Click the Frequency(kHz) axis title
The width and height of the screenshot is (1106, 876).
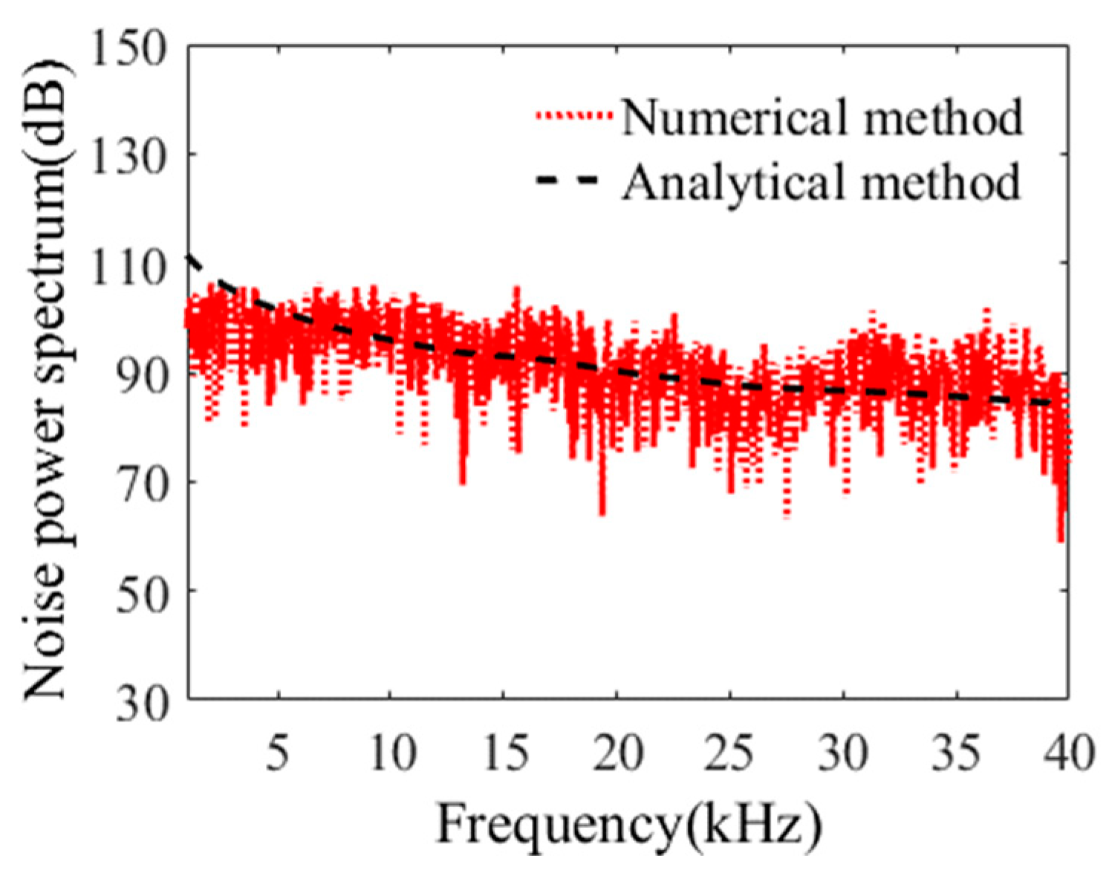628,823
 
